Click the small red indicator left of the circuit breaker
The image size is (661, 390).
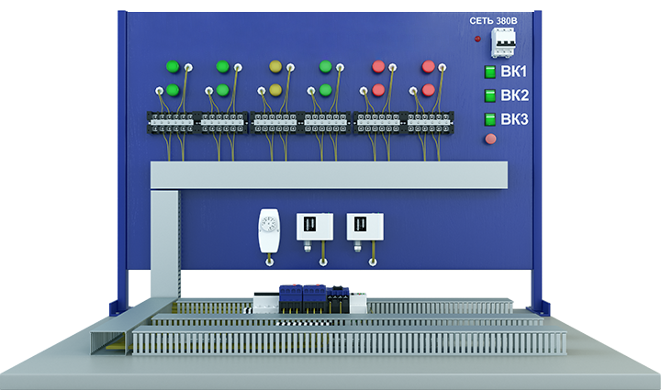[477, 39]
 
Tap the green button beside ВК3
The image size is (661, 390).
[489, 119]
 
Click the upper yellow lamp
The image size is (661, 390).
[274, 66]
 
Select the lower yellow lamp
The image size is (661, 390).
[274, 90]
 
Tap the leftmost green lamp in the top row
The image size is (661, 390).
[172, 66]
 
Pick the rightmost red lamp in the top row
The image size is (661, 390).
[428, 66]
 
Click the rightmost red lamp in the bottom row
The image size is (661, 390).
[428, 90]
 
